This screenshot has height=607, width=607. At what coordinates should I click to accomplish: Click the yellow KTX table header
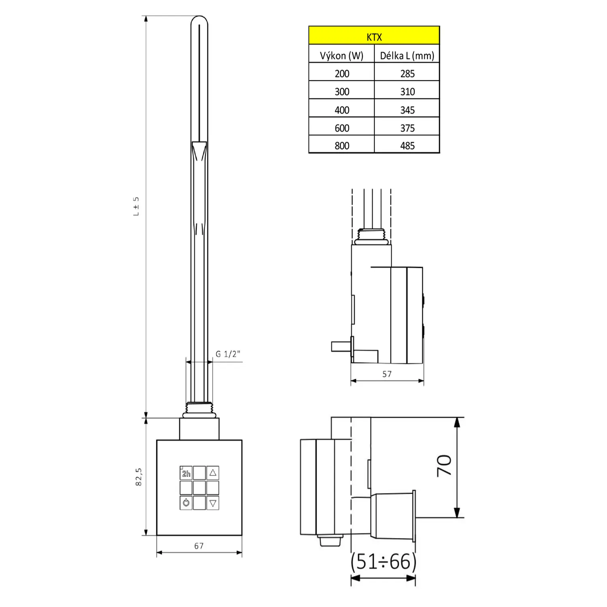click(374, 36)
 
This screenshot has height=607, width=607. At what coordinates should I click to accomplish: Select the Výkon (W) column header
click(342, 55)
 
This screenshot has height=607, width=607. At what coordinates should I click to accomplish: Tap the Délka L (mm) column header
click(407, 55)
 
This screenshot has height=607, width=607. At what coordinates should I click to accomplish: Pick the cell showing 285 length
click(407, 73)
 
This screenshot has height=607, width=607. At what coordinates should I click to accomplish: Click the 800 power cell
click(342, 145)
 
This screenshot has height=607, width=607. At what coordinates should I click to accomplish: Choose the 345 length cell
click(407, 110)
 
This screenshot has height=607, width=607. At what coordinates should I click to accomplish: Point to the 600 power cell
click(342, 128)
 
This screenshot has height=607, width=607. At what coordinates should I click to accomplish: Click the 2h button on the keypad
click(186, 473)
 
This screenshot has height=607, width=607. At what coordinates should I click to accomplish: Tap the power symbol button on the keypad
click(186, 503)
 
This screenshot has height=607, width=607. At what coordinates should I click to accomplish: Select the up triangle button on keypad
click(213, 473)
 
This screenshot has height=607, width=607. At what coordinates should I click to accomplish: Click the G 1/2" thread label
click(228, 354)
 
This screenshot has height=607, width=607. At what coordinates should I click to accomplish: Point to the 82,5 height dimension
click(139, 477)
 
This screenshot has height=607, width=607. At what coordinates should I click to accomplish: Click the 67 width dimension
click(199, 546)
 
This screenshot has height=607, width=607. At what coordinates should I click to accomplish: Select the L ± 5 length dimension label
click(136, 206)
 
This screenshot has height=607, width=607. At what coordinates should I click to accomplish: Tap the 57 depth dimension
click(387, 374)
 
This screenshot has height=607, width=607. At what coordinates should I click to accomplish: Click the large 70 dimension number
click(444, 465)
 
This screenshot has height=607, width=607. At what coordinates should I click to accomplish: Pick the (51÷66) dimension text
click(383, 561)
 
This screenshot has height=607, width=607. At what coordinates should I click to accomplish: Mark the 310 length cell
click(407, 91)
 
